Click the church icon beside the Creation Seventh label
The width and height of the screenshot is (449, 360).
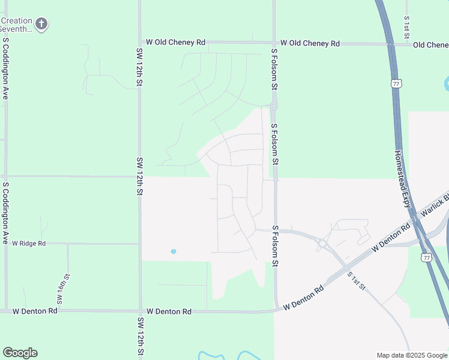(x=41, y=24)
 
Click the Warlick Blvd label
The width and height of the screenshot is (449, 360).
(x=435, y=205)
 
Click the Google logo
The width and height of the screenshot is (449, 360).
(x=20, y=353)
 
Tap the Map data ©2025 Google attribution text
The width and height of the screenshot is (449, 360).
(x=411, y=355)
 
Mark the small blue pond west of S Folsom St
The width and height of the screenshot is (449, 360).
(x=173, y=251)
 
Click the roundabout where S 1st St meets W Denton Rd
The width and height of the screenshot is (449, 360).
(x=323, y=244)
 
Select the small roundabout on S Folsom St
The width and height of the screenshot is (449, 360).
(x=274, y=106)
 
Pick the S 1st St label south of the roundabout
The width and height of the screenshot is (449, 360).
(x=356, y=280)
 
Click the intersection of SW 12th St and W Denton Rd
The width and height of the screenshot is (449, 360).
(x=140, y=311)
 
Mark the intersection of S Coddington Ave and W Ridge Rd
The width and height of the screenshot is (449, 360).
(x=6, y=244)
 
